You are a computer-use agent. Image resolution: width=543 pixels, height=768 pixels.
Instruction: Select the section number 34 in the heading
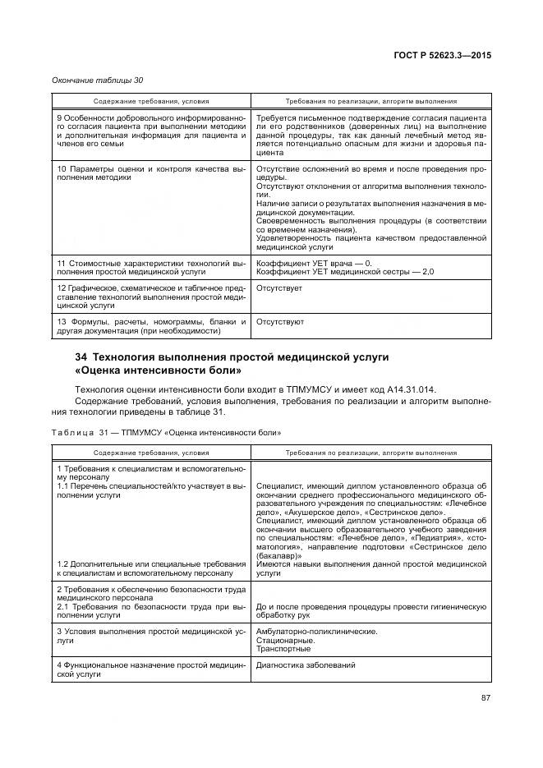pyautogui.click(x=81, y=357)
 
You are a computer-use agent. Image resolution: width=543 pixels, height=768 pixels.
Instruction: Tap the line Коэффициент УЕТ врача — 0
pyautogui.click(x=314, y=263)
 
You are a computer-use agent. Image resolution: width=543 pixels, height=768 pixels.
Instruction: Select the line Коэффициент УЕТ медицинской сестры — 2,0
pyautogui.click(x=345, y=272)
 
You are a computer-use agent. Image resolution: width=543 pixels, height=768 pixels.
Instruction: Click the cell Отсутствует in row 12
pyautogui.click(x=279, y=289)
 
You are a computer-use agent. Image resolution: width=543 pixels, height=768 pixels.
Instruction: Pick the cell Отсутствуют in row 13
pyautogui.click(x=281, y=322)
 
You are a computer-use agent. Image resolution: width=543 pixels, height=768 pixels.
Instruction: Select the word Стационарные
pyautogui.click(x=284, y=640)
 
